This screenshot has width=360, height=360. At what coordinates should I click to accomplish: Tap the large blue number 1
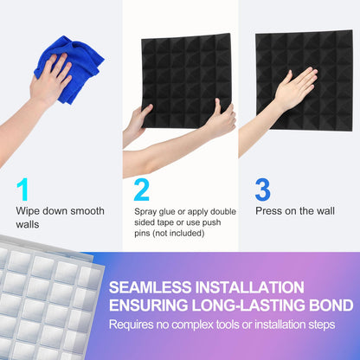point(23,189)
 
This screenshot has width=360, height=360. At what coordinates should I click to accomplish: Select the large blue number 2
point(142,189)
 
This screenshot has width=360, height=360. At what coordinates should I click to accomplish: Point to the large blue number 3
point(262,189)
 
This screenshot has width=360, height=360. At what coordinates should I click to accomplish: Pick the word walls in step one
point(29,224)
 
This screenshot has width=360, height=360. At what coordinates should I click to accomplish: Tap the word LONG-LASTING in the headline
point(253,305)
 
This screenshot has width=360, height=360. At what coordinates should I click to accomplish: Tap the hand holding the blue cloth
point(49,82)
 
